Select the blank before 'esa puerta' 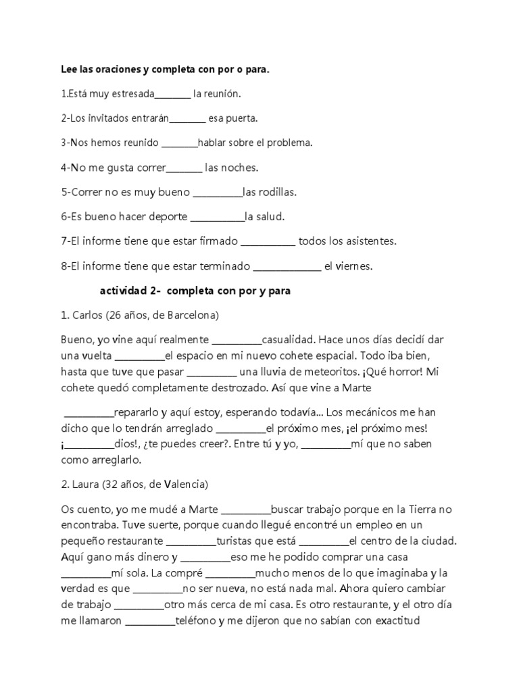(x=187, y=119)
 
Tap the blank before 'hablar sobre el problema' (x=179, y=143)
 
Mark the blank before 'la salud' (x=218, y=217)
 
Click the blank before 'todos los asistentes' (x=268, y=241)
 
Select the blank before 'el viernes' (x=287, y=266)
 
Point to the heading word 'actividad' (x=124, y=291)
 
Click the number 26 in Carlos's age (x=113, y=315)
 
